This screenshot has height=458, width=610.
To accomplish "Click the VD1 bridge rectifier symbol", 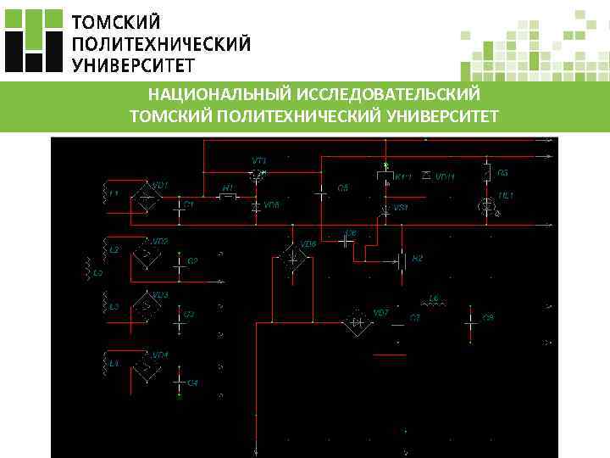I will click(145, 199).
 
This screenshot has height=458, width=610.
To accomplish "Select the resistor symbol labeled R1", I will click(227, 197).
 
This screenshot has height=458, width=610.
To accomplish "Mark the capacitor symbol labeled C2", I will click(179, 261).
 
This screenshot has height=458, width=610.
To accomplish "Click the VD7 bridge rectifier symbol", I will click(357, 321).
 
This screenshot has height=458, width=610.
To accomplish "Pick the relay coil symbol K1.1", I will click(385, 176).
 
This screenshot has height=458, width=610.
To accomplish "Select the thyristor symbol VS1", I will click(385, 208).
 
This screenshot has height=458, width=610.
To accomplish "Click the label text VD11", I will click(446, 177).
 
